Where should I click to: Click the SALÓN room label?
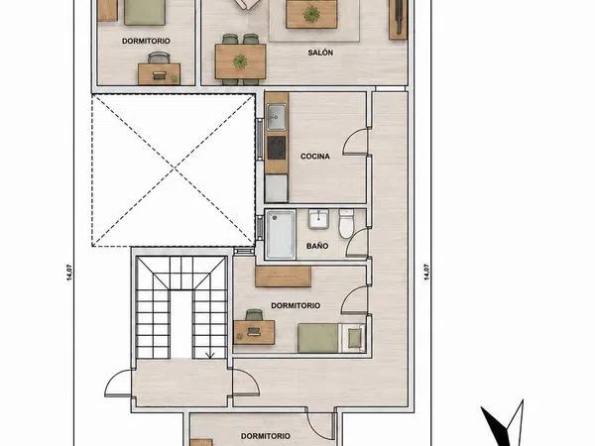point(320,53)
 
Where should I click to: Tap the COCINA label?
point(315,157)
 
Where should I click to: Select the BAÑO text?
point(317,246)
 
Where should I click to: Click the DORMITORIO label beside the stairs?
point(296,305)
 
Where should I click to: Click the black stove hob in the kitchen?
point(277,148)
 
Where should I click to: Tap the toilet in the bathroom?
point(346,223)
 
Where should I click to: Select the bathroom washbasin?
point(318,219)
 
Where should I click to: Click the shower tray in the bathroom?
point(280,235)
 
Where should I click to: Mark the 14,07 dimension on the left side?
point(69,272)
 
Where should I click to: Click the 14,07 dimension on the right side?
point(426,272)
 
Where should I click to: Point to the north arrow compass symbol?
point(503,423)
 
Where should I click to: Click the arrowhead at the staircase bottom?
point(210,356)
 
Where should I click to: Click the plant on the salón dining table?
point(240,61)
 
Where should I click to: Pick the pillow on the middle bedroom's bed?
point(355,338)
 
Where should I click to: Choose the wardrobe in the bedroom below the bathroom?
point(283,277)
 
